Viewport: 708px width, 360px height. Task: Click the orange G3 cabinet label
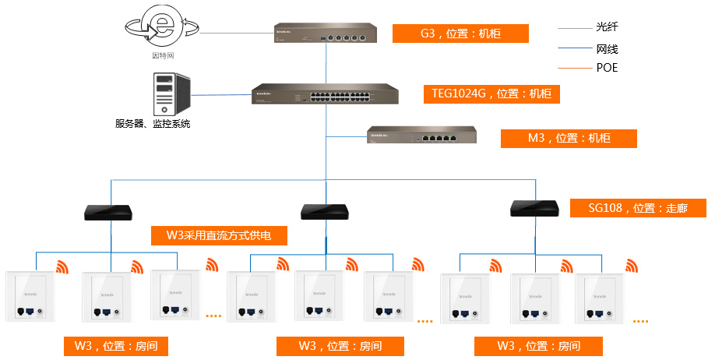point(460,34)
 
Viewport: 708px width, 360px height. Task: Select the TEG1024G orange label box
point(491,94)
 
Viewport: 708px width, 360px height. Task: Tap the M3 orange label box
point(569,138)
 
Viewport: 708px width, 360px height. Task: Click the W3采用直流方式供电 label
point(218,235)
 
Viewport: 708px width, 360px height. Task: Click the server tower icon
point(171,94)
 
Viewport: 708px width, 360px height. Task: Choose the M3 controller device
point(422,136)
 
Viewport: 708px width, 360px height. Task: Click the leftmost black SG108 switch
point(110,211)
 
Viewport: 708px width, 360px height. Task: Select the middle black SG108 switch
point(324,211)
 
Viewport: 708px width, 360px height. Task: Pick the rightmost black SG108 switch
point(534,208)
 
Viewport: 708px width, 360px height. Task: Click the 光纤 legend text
point(607,27)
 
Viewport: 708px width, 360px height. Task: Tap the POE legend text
point(607,68)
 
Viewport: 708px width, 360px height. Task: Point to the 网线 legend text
point(607,48)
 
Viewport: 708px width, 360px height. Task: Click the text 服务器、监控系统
point(153,124)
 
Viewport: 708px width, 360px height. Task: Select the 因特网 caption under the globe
point(161,56)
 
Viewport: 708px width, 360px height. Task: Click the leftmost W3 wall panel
point(29,297)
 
